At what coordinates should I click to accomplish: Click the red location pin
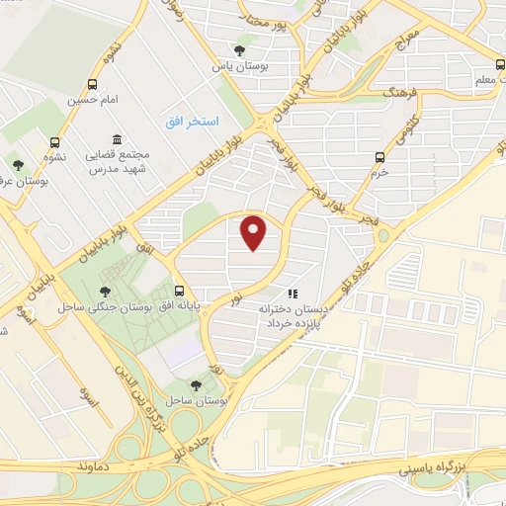coord(255,233)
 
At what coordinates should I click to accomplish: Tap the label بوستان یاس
coord(235,66)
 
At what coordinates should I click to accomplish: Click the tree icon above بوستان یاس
coord(239,49)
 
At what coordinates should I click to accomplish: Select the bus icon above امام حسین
coord(93,85)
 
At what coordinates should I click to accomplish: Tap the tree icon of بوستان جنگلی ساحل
coord(105,291)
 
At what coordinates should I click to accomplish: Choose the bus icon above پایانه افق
coord(179,291)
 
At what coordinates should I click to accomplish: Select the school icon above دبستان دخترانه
coord(292,294)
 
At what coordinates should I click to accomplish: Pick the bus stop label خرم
coord(380,171)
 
